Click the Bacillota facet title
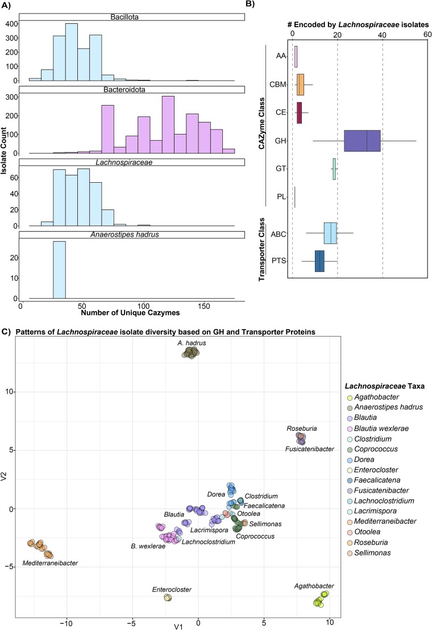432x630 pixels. pyautogui.click(x=132, y=16)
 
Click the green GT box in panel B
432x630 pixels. pyautogui.click(x=334, y=169)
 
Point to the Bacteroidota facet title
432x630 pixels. pyautogui.click(x=132, y=90)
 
